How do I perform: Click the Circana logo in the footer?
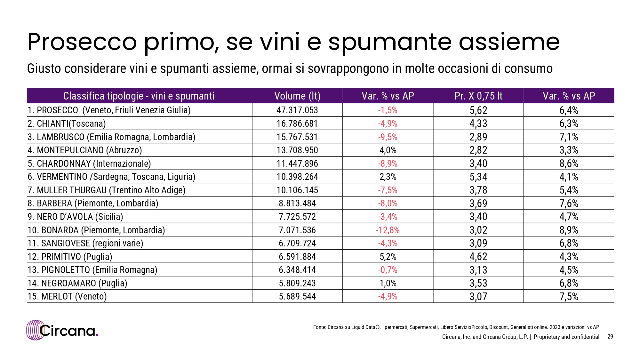(x=62, y=330)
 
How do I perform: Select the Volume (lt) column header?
(x=297, y=96)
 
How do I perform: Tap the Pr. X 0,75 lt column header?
(x=478, y=96)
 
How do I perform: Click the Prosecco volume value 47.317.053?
(x=297, y=110)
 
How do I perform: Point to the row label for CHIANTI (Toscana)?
(x=67, y=124)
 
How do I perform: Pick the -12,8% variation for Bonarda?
(x=388, y=230)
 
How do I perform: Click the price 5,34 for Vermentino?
(x=478, y=177)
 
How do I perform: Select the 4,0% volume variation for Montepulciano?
(x=388, y=150)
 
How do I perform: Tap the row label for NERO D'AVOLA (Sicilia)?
(x=75, y=217)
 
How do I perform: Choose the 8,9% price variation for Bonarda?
(x=569, y=230)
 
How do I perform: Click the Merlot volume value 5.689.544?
(x=297, y=296)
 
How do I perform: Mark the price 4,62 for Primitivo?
(x=478, y=257)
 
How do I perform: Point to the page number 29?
(x=610, y=336)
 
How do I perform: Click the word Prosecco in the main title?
(x=82, y=42)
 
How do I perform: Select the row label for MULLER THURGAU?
(x=107, y=190)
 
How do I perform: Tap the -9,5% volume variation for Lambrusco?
(x=388, y=137)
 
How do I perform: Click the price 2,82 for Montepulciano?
(x=478, y=150)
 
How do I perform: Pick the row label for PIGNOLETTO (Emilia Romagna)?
(x=92, y=270)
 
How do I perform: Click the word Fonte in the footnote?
(x=319, y=327)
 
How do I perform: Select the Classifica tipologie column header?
(x=139, y=96)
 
